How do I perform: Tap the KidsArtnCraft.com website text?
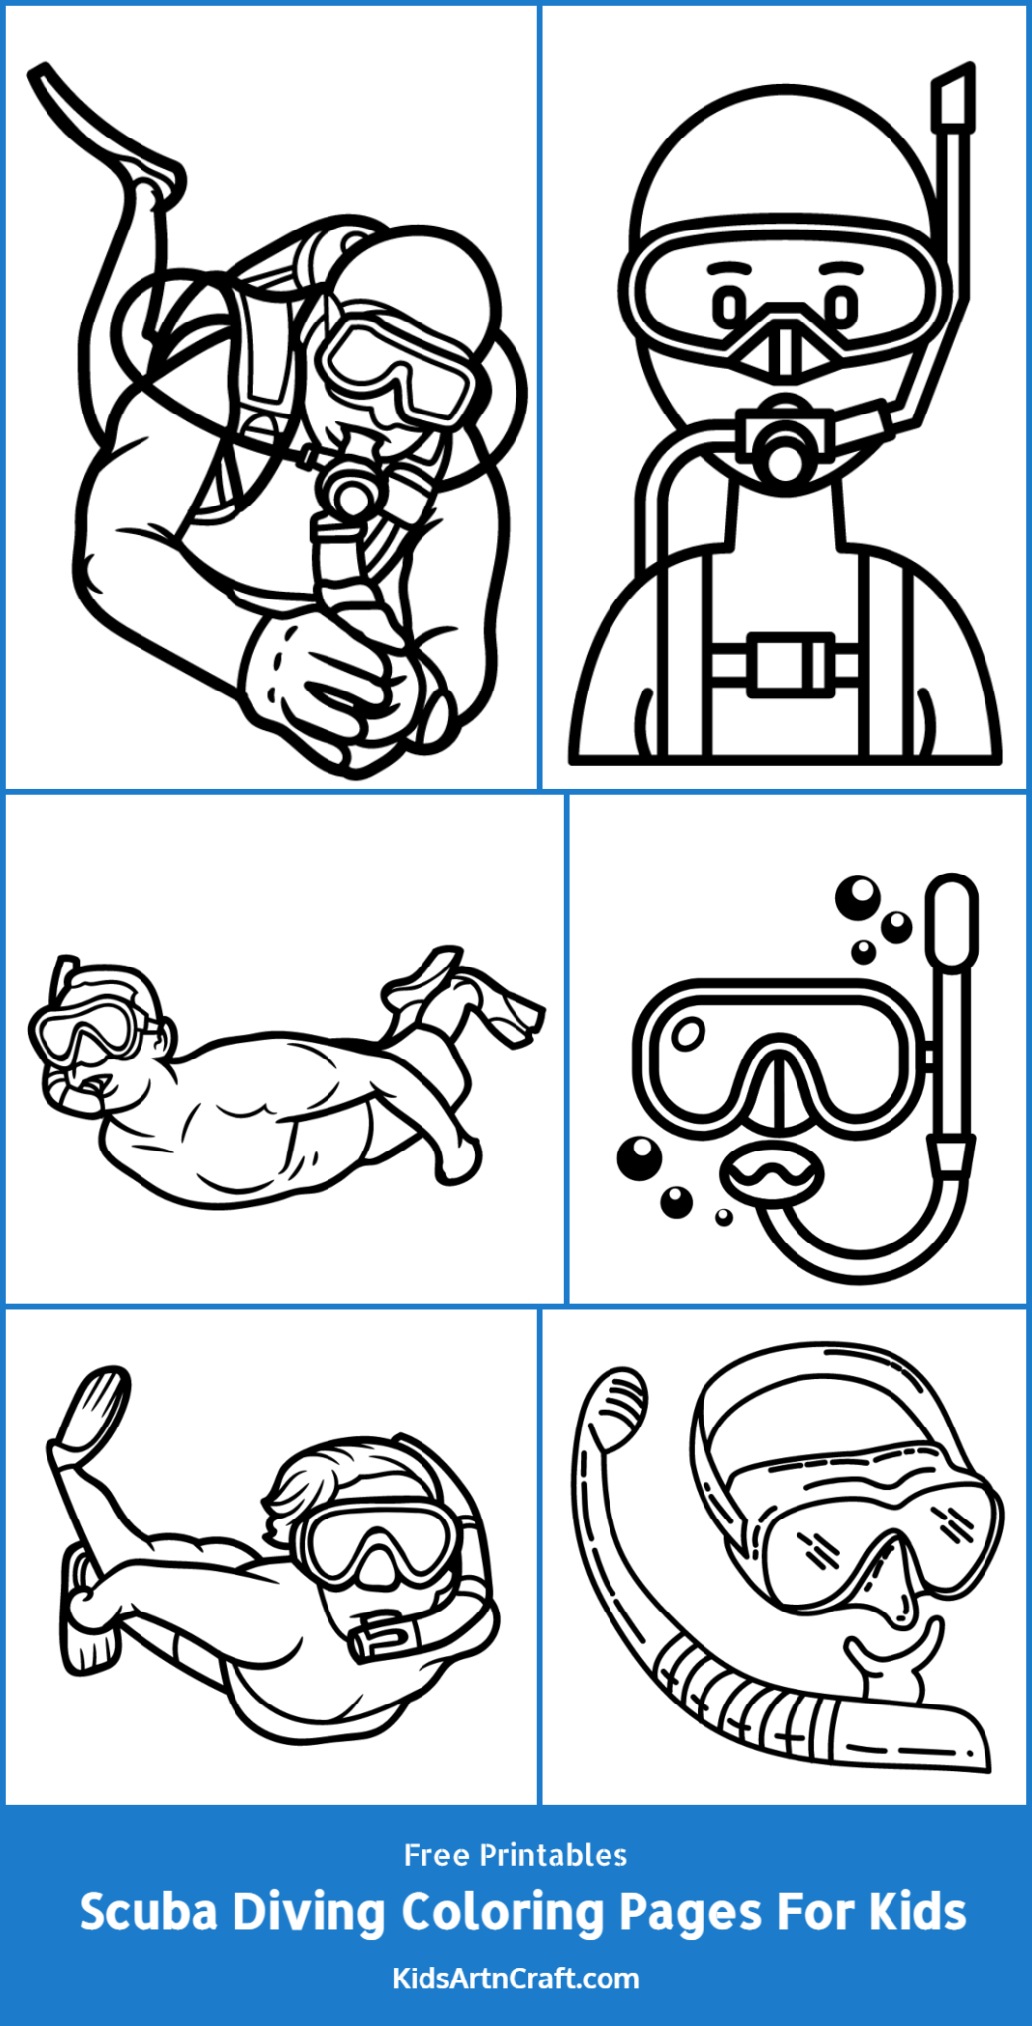(516, 1979)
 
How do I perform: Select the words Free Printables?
(516, 1855)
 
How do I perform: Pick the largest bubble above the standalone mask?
(857, 896)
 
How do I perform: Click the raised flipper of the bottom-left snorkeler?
(94, 1410)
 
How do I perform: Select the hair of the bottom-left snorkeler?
(317, 1484)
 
